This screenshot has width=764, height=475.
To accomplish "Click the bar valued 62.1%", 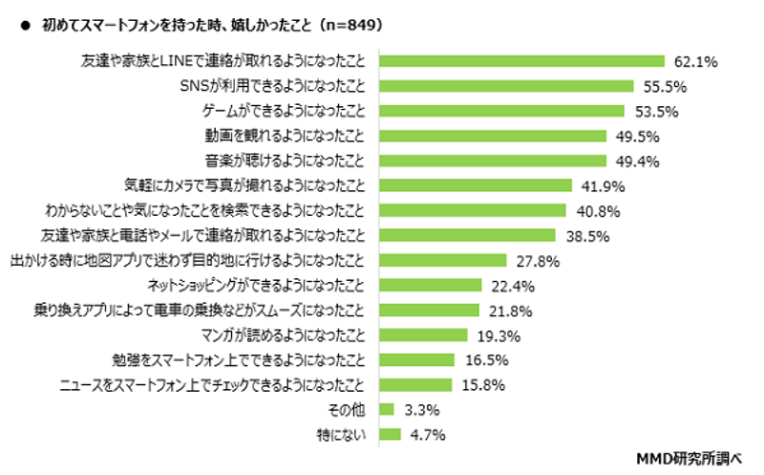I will (521, 61).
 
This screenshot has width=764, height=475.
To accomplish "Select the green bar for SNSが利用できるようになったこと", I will (506, 86).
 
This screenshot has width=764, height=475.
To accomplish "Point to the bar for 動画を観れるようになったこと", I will (493, 136).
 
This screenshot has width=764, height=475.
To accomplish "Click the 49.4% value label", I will (635, 161).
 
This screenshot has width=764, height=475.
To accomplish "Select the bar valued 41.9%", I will (476, 185).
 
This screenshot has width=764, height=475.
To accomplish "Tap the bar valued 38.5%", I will (468, 235).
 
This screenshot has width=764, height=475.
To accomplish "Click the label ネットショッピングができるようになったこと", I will (257, 285).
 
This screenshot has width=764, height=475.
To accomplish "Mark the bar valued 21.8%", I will (429, 310).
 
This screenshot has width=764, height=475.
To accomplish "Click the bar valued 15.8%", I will (415, 384).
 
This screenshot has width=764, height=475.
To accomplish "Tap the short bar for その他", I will (387, 409).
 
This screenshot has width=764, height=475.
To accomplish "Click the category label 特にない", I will (348, 434).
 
